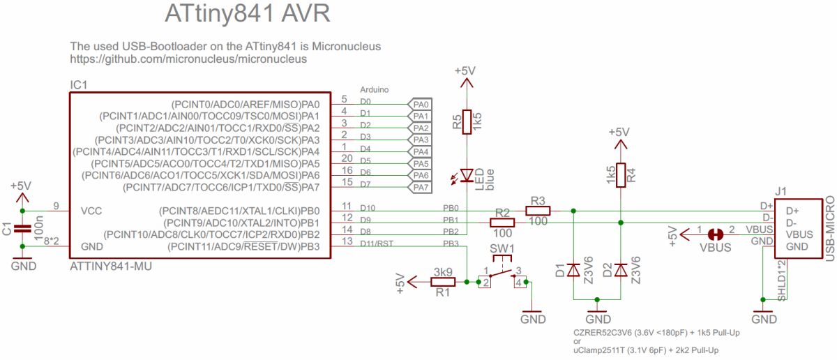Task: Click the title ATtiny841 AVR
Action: point(248,13)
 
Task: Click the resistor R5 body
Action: point(467,122)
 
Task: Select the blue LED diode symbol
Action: point(467,175)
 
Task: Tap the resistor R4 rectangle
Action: point(621,175)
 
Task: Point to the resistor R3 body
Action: point(538,211)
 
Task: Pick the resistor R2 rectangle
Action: point(502,223)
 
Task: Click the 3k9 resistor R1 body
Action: point(443,282)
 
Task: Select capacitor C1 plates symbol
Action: point(22,228)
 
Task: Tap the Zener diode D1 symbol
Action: point(573,269)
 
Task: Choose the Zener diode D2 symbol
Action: point(621,269)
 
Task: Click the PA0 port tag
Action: point(420,104)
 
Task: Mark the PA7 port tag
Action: point(420,187)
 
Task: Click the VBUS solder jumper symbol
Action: point(715,234)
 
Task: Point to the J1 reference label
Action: point(781,191)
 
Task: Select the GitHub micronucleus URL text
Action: point(188,59)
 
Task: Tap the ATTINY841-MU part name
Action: point(111,267)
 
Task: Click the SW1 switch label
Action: point(502,248)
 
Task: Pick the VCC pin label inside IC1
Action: point(91,211)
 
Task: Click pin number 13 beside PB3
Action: point(347,241)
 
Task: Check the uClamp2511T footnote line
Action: point(646,350)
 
